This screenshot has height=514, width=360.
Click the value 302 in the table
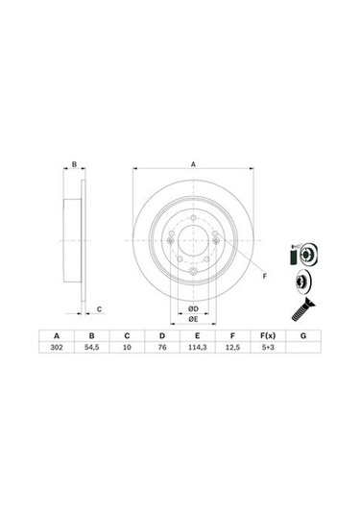click(57, 347)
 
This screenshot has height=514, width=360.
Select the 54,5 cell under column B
click(92, 347)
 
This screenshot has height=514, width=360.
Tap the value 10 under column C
click(127, 347)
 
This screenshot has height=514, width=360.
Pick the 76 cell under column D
click(162, 347)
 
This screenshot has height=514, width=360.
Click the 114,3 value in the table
click(197, 347)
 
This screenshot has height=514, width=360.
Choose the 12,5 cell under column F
click(232, 347)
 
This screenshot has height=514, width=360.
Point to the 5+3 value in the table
click(268, 347)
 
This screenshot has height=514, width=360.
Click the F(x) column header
click(268, 335)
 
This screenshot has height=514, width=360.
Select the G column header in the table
click(303, 335)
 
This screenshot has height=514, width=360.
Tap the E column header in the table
click(197, 335)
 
